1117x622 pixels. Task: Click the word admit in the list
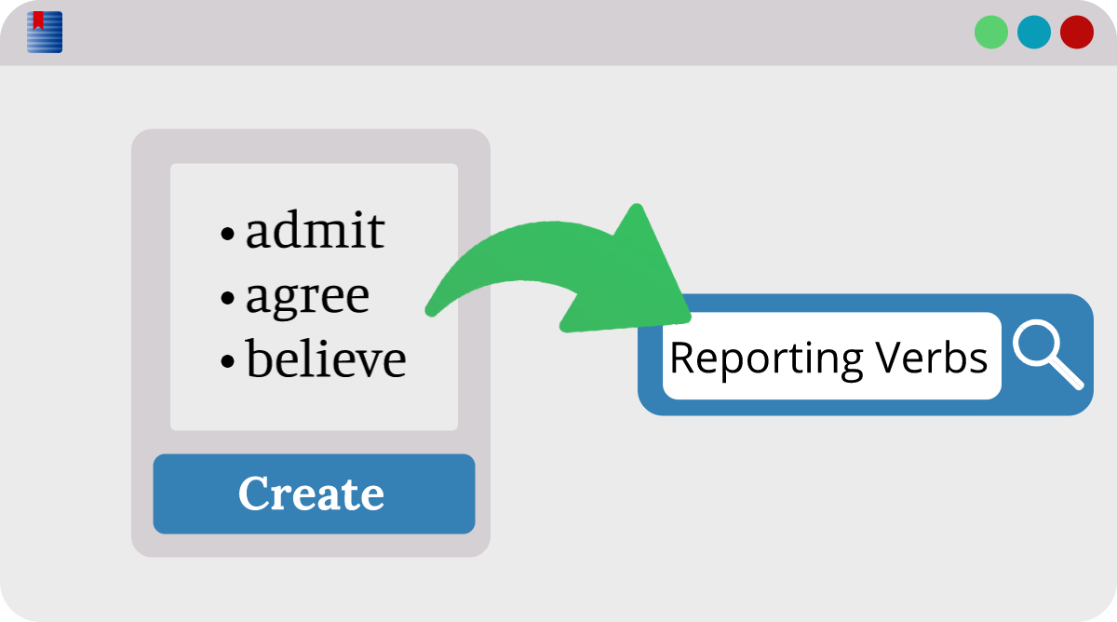click(316, 229)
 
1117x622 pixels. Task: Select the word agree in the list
click(308, 298)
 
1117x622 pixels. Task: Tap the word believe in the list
click(326, 358)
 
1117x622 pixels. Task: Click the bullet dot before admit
click(227, 234)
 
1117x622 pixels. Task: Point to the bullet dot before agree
click(227, 298)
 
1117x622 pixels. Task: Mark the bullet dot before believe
click(227, 361)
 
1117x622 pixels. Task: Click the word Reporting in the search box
click(766, 360)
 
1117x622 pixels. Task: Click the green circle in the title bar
click(991, 32)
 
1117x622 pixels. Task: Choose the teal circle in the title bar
click(1034, 32)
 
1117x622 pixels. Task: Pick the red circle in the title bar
click(1077, 32)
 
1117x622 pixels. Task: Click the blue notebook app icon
click(45, 32)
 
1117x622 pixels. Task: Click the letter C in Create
click(255, 493)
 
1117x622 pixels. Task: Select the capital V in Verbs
click(893, 357)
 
